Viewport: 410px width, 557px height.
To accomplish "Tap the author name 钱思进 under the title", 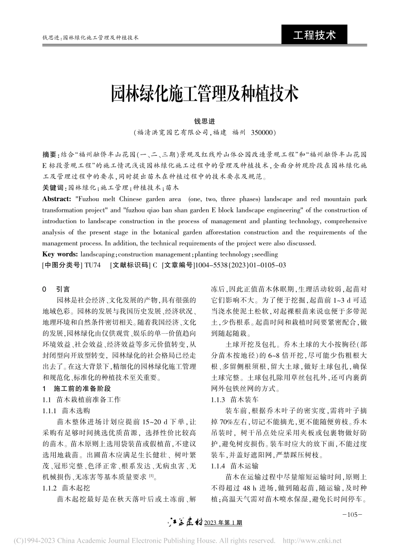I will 205,122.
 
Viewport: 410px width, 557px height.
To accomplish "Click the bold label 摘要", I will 50,155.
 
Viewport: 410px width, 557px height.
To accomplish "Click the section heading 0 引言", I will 56,289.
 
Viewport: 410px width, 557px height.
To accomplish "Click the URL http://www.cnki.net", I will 312,540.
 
